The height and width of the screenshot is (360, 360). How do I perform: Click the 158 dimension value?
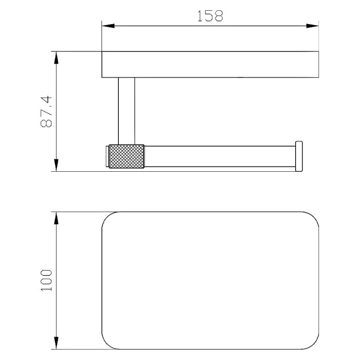pos(210,16)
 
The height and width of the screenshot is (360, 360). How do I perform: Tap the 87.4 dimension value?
pos(46,112)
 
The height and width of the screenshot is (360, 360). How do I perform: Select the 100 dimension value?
pos(46,280)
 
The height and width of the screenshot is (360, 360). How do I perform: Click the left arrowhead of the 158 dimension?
pos(108,26)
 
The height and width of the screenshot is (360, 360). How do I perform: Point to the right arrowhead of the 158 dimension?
pos(312,26)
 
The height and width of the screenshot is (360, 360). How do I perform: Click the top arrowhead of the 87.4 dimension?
pos(56,58)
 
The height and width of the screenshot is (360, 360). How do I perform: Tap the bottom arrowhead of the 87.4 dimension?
pos(56,165)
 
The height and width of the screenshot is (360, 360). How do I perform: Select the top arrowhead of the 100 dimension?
pos(56,218)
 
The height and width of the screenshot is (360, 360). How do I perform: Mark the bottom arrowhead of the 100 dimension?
pos(56,343)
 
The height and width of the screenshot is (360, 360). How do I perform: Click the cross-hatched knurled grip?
pos(127,156)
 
